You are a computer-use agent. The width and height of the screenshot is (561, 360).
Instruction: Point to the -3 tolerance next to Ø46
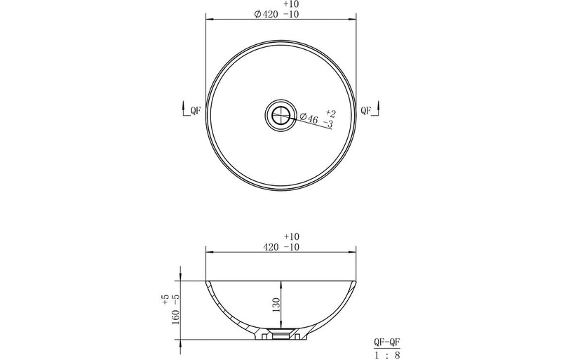point(328,124)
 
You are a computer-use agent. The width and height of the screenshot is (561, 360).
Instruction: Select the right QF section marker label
point(365,109)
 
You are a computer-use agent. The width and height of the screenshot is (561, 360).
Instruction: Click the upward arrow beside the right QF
point(379,106)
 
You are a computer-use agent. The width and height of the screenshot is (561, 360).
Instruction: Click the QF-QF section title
point(388,342)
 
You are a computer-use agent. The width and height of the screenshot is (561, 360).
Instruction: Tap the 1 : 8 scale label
point(388,354)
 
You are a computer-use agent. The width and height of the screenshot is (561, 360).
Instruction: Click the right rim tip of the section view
point(356,281)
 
